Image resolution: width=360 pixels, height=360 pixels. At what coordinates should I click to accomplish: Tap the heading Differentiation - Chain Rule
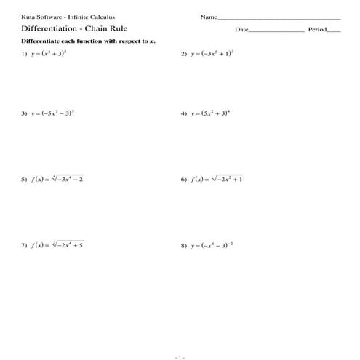60,30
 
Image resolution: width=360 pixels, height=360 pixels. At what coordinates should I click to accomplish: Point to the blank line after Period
334,32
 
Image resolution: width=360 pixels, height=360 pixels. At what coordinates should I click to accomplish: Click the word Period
318,31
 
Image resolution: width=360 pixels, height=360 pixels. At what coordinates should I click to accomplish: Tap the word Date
241,31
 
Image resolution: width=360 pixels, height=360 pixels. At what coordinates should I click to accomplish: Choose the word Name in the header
209,17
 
